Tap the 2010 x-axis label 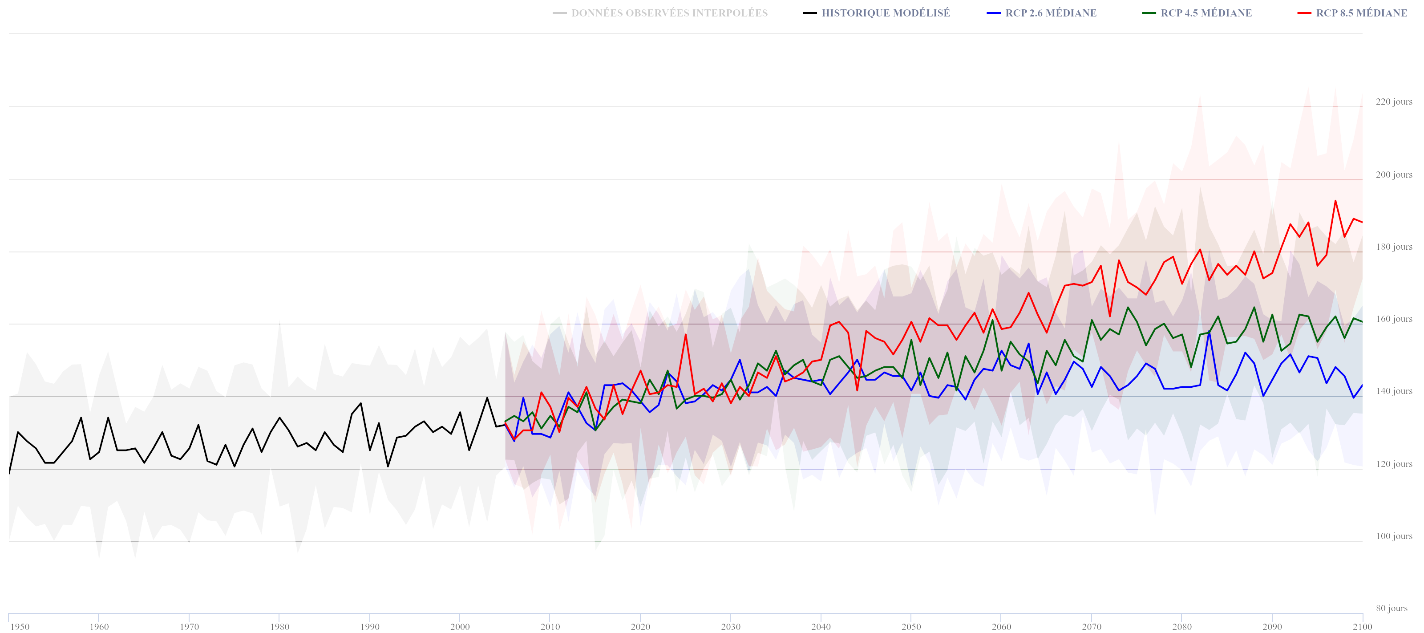(x=550, y=626)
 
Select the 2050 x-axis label (x=911, y=626)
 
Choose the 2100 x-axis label (x=1362, y=626)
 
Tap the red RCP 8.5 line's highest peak (x=1335, y=201)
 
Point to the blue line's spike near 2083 (x=1209, y=331)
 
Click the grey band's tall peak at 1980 (x=279, y=321)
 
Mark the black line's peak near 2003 (x=487, y=398)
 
